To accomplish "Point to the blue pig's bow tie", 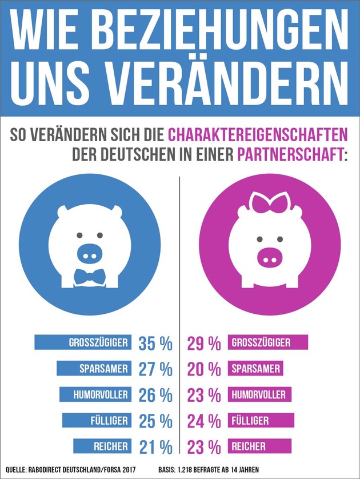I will (90, 277).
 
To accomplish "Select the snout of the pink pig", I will (270, 254).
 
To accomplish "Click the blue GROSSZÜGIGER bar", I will (84, 343).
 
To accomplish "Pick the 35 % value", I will (155, 343).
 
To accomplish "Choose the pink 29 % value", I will (204, 343).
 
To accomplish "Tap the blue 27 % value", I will (155, 369).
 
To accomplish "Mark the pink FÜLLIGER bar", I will (261, 421).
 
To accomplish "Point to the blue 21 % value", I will (155, 446).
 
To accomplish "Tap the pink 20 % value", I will (204, 369).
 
